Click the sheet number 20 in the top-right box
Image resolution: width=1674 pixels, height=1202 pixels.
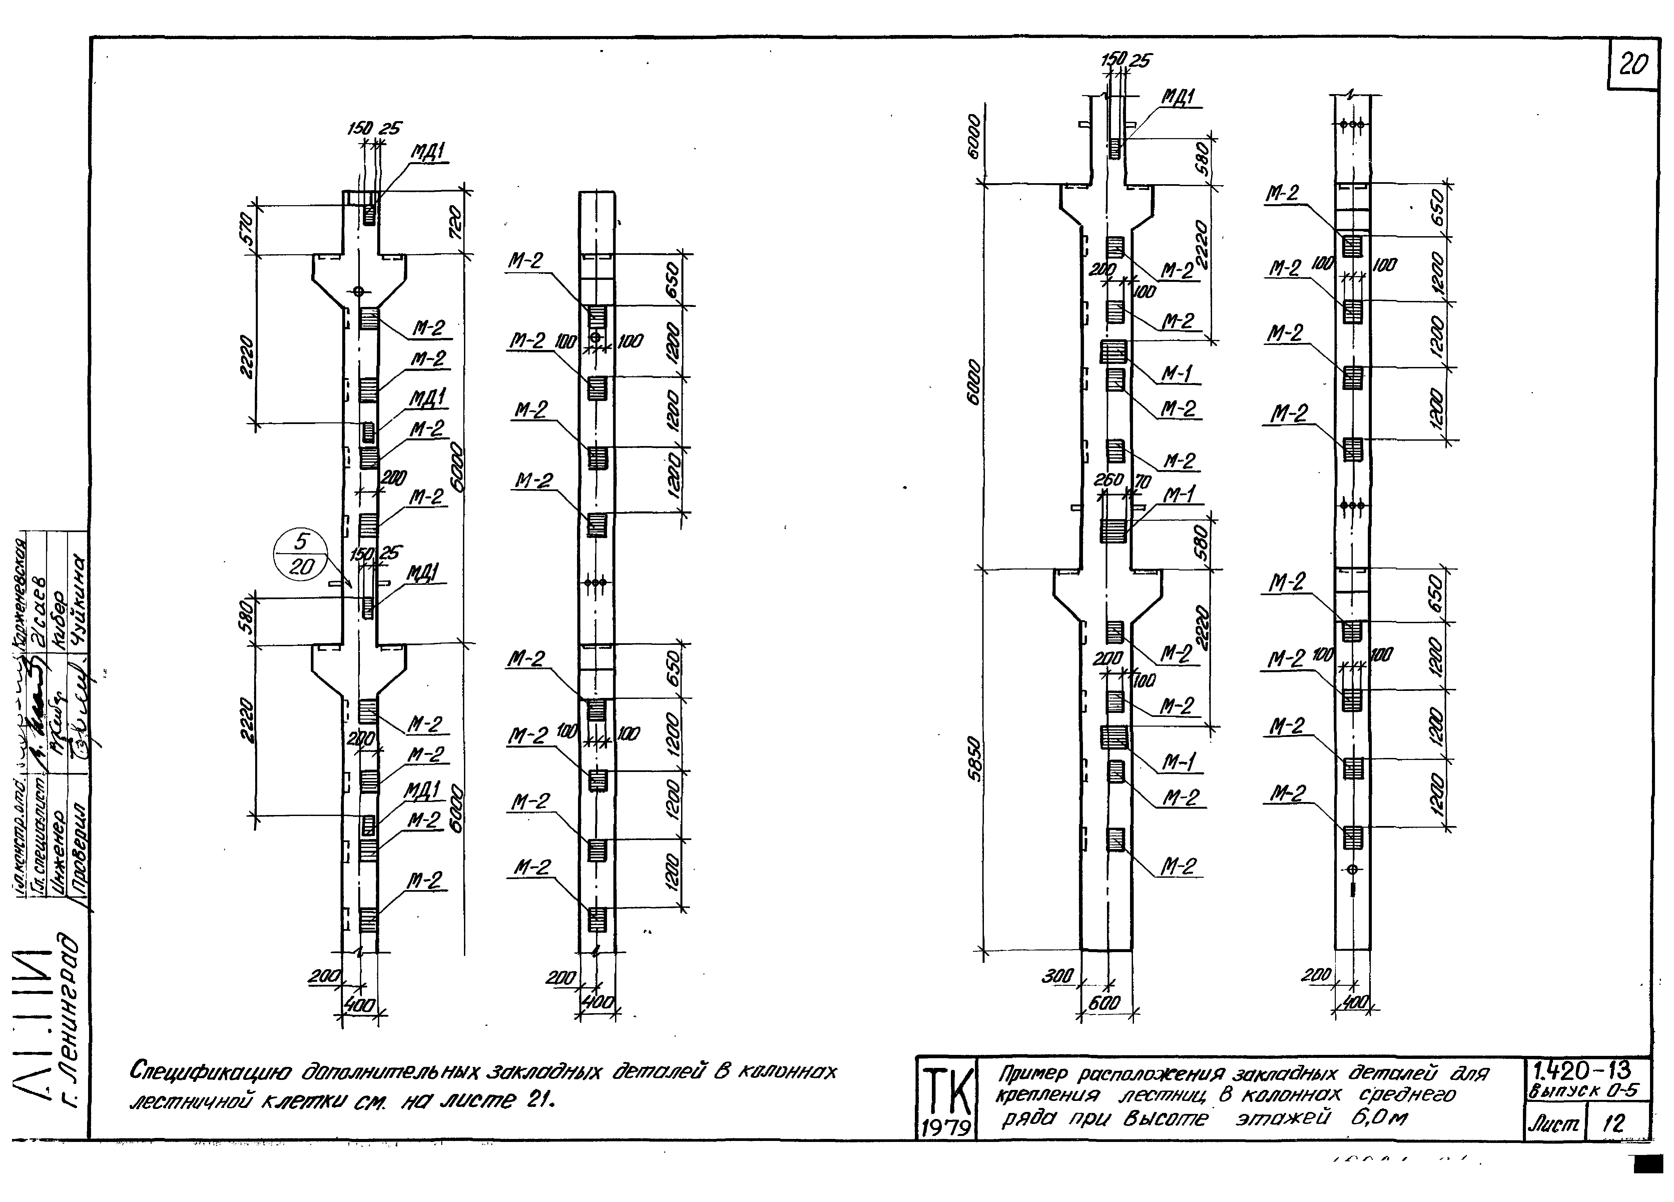1633,66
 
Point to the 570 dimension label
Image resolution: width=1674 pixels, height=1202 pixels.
248,228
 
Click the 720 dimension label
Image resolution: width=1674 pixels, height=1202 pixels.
456,221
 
